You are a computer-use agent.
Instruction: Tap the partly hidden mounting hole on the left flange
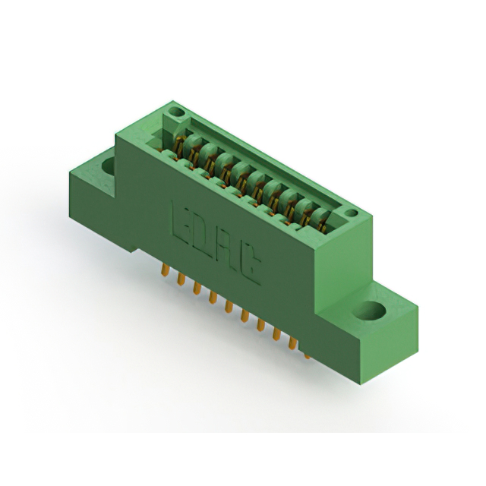click(x=109, y=166)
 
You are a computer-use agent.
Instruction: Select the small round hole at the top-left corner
click(x=176, y=112)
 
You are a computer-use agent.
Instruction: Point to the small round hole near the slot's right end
click(x=352, y=213)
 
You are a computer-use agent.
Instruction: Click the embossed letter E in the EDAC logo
click(x=182, y=222)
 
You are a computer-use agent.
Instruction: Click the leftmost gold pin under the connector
click(x=166, y=270)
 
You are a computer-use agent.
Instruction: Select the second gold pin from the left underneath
click(x=181, y=278)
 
